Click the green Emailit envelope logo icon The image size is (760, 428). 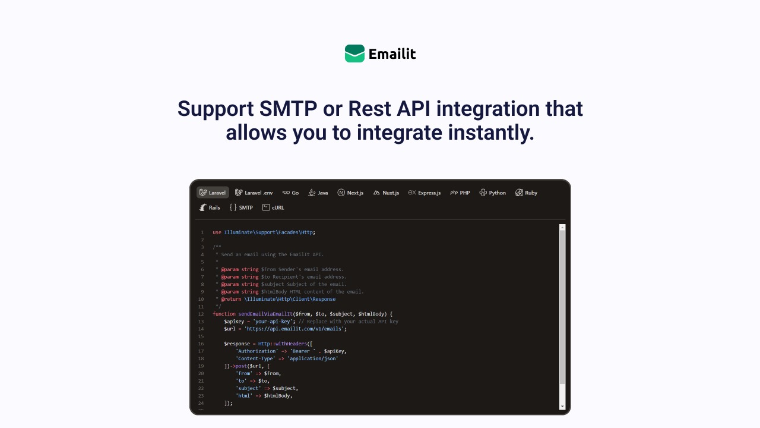tap(354, 53)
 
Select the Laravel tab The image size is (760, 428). tap(213, 193)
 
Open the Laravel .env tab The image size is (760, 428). tap(254, 193)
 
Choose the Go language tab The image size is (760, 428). tap(290, 193)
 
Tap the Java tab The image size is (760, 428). tap(318, 193)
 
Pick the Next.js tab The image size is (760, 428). tap(350, 193)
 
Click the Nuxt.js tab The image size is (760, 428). tap(386, 193)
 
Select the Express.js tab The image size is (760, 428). tap(425, 193)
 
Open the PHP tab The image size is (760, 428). tap(460, 193)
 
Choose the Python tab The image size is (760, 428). tap(493, 193)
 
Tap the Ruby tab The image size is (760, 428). tap(526, 193)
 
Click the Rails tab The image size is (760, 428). tap(210, 207)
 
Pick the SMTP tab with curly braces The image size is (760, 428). tap(241, 207)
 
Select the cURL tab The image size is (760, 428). tap(273, 207)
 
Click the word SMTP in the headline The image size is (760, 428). tap(288, 109)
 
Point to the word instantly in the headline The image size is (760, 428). tap(491, 133)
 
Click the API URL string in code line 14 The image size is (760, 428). tap(294, 329)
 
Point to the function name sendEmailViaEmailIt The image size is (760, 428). tap(265, 314)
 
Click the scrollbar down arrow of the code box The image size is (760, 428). tap(562, 406)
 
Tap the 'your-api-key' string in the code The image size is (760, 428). tap(273, 322)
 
